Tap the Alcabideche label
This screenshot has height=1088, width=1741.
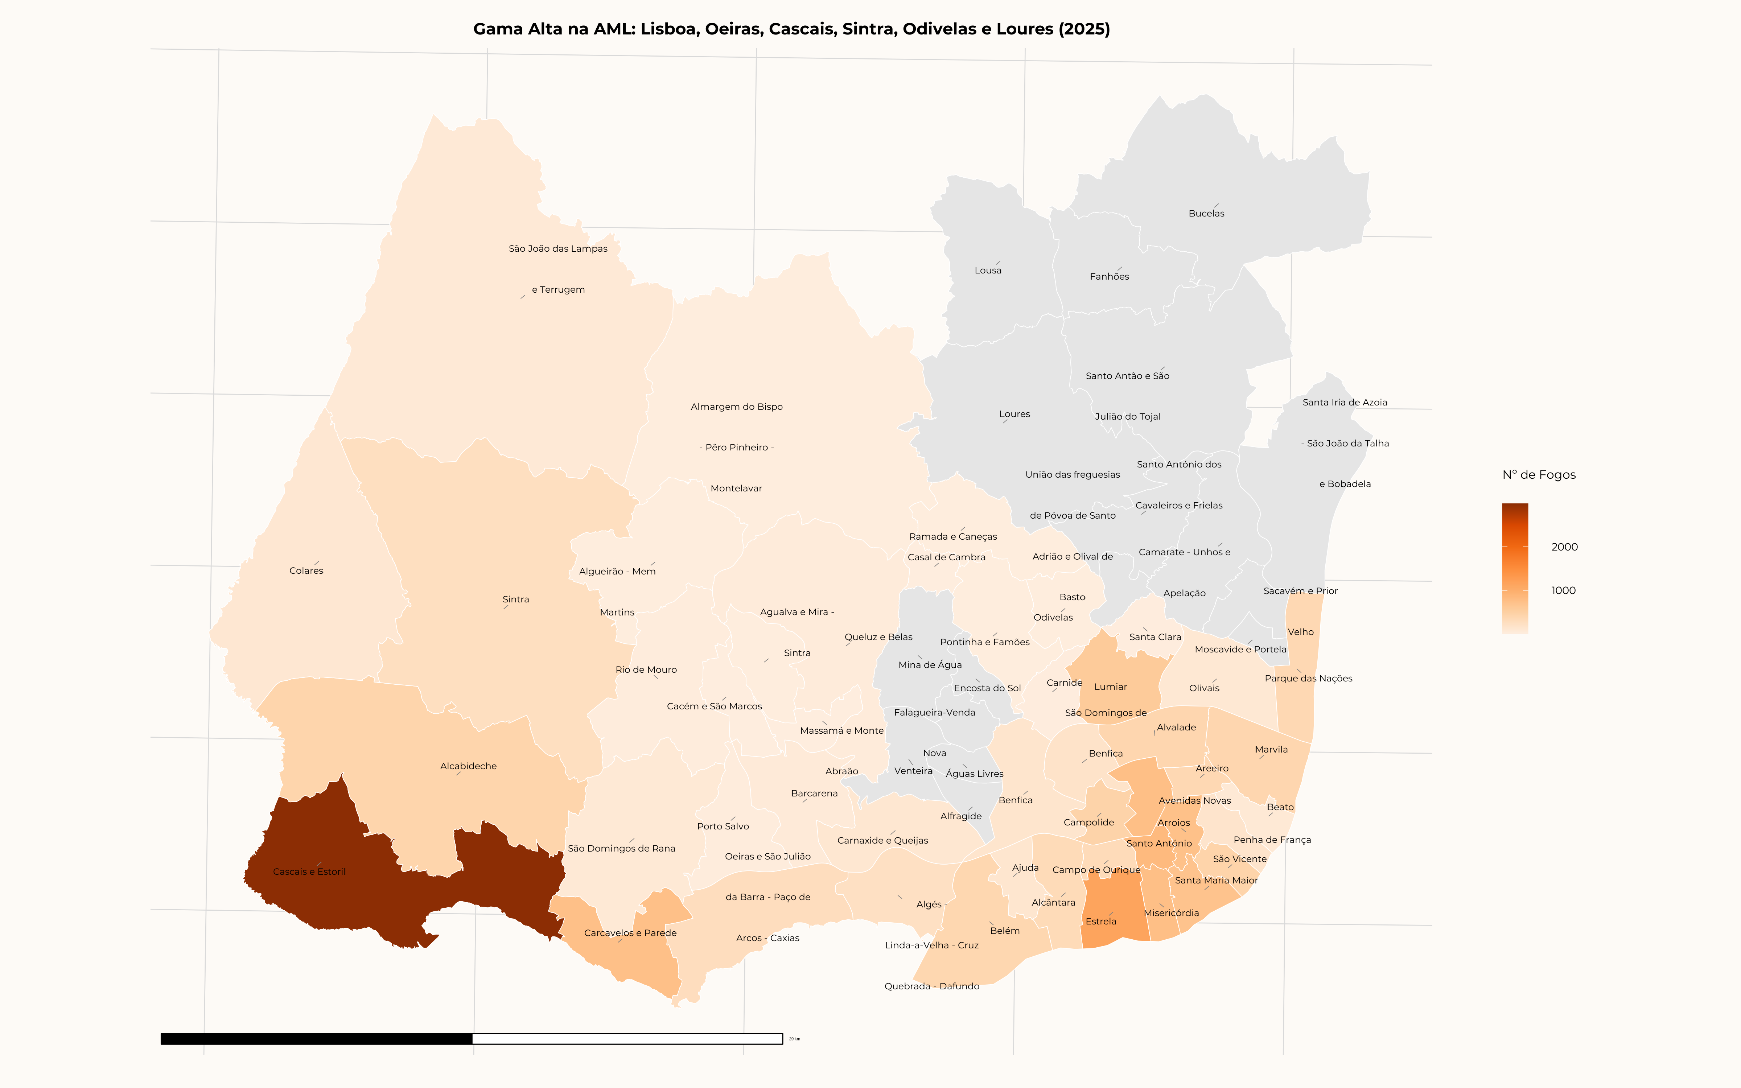[x=468, y=766]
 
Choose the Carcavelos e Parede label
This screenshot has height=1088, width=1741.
[x=630, y=933]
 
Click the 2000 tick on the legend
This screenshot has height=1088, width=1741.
[x=1564, y=547]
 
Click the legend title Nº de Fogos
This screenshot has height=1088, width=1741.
[x=1539, y=475]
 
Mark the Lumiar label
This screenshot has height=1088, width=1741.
[x=1110, y=687]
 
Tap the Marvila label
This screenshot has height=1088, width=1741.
[x=1271, y=750]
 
